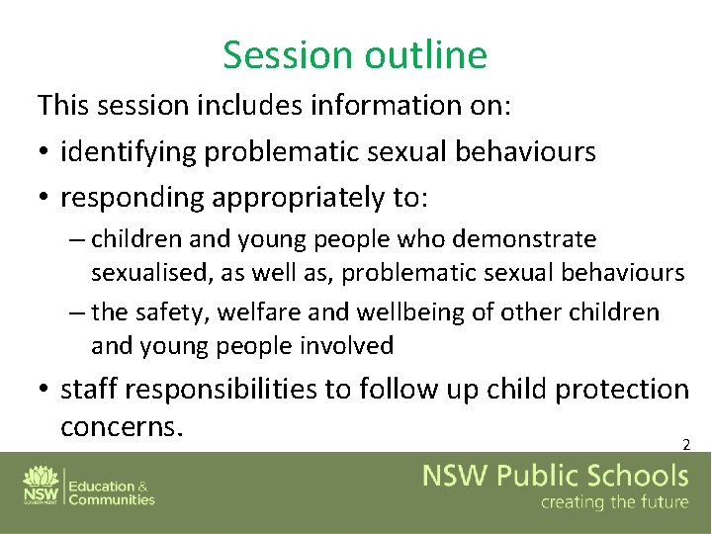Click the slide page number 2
[685, 445]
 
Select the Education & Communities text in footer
[111, 492]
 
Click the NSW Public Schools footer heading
[556, 477]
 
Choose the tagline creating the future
[613, 503]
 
